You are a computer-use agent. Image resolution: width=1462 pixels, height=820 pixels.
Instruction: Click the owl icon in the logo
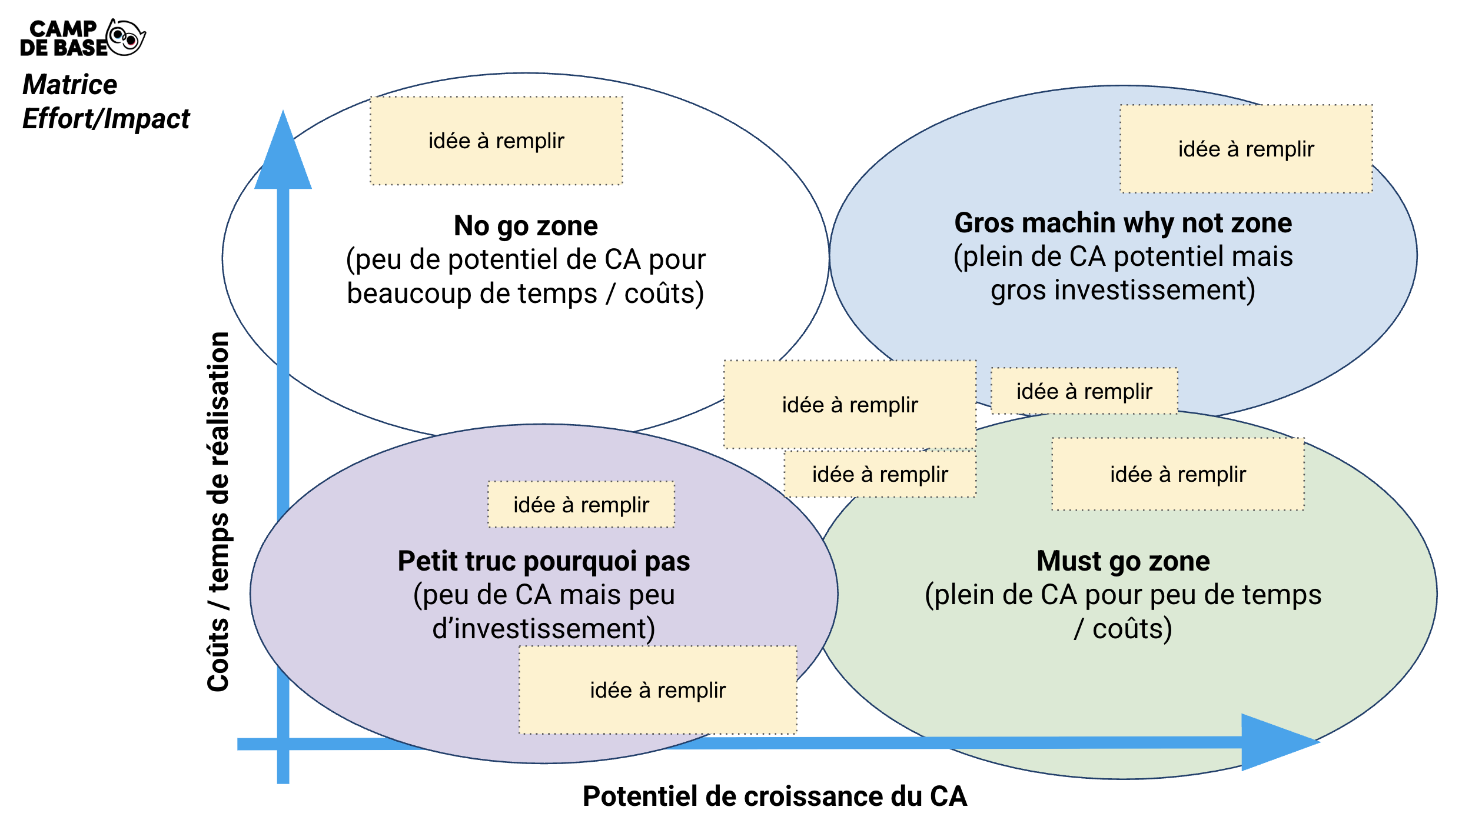pyautogui.click(x=126, y=38)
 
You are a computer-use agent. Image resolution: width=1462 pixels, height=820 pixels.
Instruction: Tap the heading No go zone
pyautogui.click(x=526, y=226)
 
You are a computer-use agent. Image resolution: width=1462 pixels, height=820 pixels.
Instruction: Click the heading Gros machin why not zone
pyautogui.click(x=1123, y=223)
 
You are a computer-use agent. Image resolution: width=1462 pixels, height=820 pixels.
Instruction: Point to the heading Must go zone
pyautogui.click(x=1123, y=561)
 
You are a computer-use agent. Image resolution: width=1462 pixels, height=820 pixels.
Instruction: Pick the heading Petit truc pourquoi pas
pyautogui.click(x=544, y=561)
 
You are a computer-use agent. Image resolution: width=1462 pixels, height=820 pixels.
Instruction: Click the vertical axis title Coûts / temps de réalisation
pyautogui.click(x=218, y=512)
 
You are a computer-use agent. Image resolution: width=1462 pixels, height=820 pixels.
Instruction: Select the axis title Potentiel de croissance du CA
pyautogui.click(x=775, y=796)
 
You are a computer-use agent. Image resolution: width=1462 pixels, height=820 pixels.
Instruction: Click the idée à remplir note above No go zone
pyautogui.click(x=496, y=141)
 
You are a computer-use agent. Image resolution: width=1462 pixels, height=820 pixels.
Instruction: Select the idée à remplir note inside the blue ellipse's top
pyautogui.click(x=1246, y=149)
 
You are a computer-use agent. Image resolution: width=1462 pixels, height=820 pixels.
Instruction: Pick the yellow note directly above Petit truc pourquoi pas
pyautogui.click(x=581, y=505)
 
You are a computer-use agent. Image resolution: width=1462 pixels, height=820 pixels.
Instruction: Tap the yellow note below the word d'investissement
pyautogui.click(x=657, y=690)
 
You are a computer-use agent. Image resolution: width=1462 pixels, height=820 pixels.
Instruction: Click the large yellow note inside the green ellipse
pyautogui.click(x=1178, y=474)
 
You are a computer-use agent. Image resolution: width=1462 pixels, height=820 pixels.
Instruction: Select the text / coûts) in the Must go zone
pyautogui.click(x=1123, y=629)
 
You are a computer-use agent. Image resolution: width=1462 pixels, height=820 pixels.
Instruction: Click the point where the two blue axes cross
pyautogui.click(x=283, y=744)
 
